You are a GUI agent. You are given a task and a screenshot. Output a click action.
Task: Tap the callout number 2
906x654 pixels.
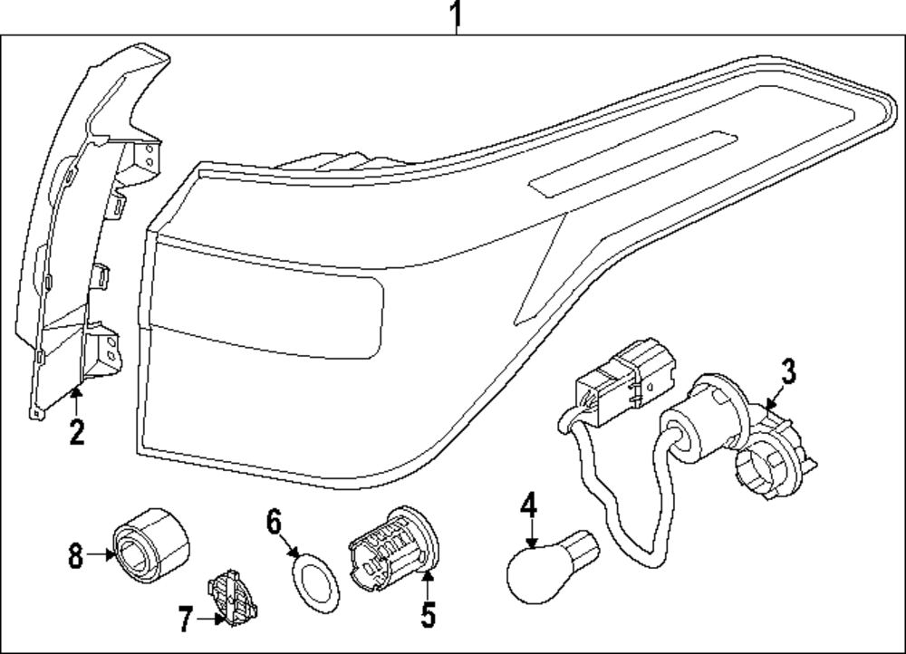[76, 432]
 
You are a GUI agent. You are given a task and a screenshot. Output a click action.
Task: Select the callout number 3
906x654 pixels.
[787, 371]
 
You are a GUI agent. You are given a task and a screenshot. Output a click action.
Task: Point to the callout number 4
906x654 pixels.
[528, 505]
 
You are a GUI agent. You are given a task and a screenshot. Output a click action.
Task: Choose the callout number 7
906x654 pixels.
[184, 620]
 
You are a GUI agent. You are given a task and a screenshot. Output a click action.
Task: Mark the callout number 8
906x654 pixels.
[74, 554]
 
